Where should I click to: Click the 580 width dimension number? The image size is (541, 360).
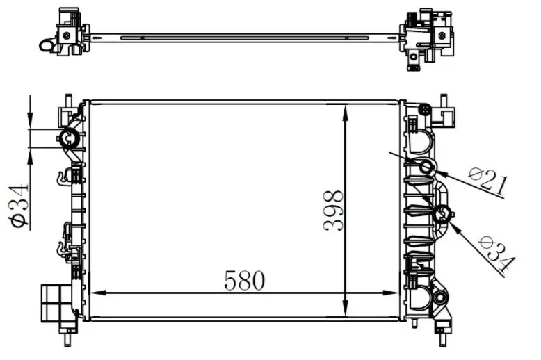tap(244, 280)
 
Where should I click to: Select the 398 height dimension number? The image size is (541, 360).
tap(333, 211)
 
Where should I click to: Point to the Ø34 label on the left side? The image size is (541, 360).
tap(19, 206)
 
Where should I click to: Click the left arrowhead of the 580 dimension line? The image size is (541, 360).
tap(97, 293)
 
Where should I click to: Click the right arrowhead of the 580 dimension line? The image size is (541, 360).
tap(391, 293)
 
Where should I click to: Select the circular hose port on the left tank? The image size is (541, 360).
tap(69, 138)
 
